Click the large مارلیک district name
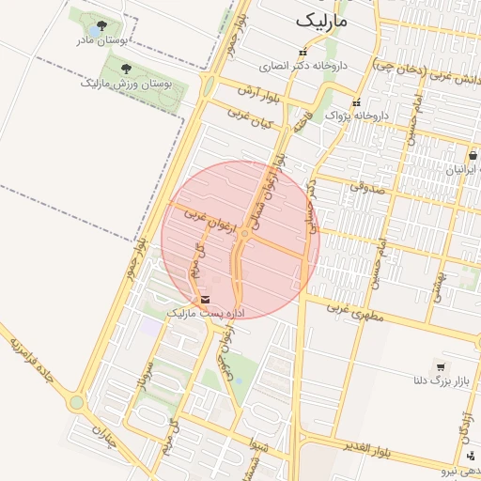[x=321, y=20]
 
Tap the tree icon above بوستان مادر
[x=101, y=25]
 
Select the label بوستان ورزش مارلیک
[x=116, y=84]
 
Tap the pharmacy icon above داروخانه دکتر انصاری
[x=301, y=53]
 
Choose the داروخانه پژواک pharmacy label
[x=357, y=115]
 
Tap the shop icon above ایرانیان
[x=473, y=156]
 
